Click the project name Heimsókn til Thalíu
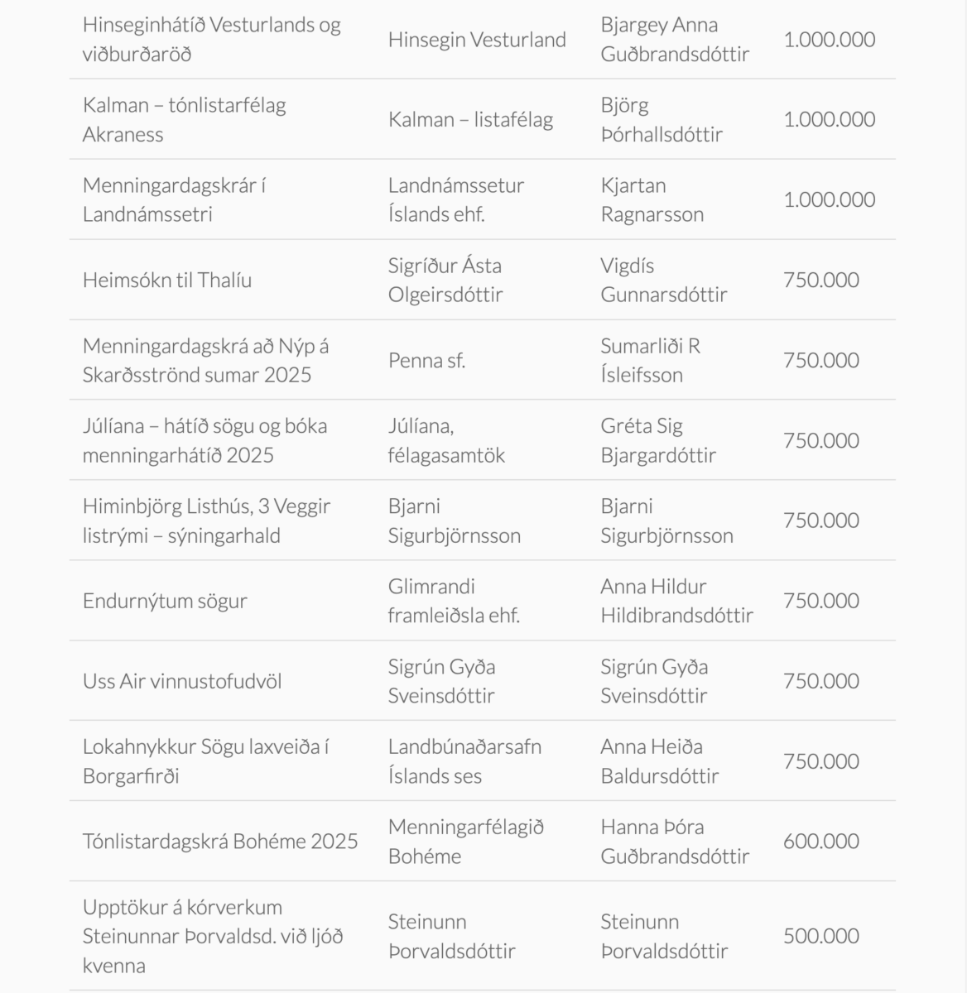click(x=167, y=280)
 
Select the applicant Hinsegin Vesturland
click(x=477, y=40)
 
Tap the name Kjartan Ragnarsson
click(x=652, y=199)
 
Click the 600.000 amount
click(x=821, y=842)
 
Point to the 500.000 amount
click(x=821, y=936)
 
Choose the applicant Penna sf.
click(x=426, y=360)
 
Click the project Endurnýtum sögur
click(x=165, y=601)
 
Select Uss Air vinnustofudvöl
click(x=182, y=681)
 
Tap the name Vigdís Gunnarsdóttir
click(x=663, y=280)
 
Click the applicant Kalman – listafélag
click(x=470, y=119)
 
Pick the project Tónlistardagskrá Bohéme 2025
click(x=220, y=842)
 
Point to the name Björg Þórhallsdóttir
click(x=661, y=119)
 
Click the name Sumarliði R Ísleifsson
click(x=650, y=360)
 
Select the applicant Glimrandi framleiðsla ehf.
click(x=454, y=601)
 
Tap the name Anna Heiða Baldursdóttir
click(x=659, y=761)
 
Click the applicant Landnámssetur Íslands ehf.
click(x=455, y=199)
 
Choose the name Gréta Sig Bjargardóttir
click(x=658, y=440)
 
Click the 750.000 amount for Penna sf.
click(x=821, y=360)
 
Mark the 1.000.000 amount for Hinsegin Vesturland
click(x=829, y=40)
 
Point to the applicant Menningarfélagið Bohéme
click(x=465, y=842)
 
